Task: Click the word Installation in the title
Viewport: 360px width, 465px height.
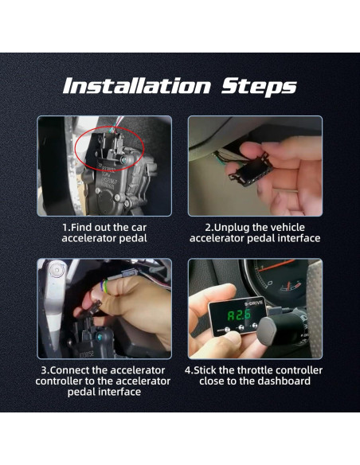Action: point(133,85)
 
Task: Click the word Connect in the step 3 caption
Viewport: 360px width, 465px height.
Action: point(75,370)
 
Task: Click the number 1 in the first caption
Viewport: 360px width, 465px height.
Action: point(65,227)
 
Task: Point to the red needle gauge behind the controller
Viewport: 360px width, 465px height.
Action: point(275,279)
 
